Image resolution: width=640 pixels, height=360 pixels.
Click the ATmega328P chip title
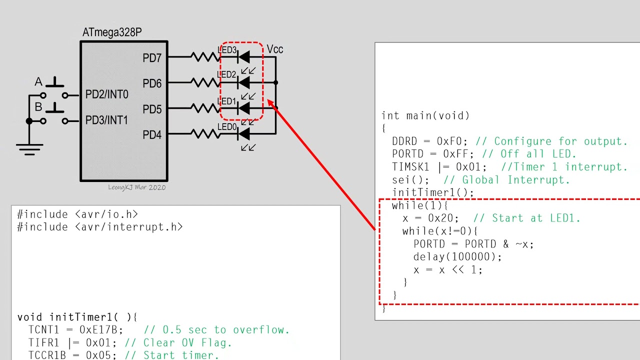coord(112,32)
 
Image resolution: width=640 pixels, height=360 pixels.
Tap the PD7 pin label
coord(152,58)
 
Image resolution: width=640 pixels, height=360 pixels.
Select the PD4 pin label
coord(152,134)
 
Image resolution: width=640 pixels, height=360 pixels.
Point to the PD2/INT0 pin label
coord(106,94)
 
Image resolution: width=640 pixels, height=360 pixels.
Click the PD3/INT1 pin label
coord(106,120)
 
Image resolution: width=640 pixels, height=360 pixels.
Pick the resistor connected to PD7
coord(205,57)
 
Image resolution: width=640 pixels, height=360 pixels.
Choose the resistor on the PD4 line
coord(205,133)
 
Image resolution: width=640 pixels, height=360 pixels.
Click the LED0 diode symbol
coord(244,133)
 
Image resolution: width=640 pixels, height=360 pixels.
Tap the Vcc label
coord(275,49)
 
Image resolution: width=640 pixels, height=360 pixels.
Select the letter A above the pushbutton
coord(38,82)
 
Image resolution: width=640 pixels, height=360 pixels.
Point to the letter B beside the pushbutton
coord(38,107)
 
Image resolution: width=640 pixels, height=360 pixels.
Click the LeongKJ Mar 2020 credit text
coord(136,187)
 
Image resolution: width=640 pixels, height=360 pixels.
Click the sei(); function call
coord(410,180)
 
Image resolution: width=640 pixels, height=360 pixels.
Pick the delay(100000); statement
coord(457,257)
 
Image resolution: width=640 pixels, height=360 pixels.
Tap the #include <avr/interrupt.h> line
coord(100,227)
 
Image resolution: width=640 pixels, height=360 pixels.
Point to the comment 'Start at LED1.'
coord(536,218)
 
